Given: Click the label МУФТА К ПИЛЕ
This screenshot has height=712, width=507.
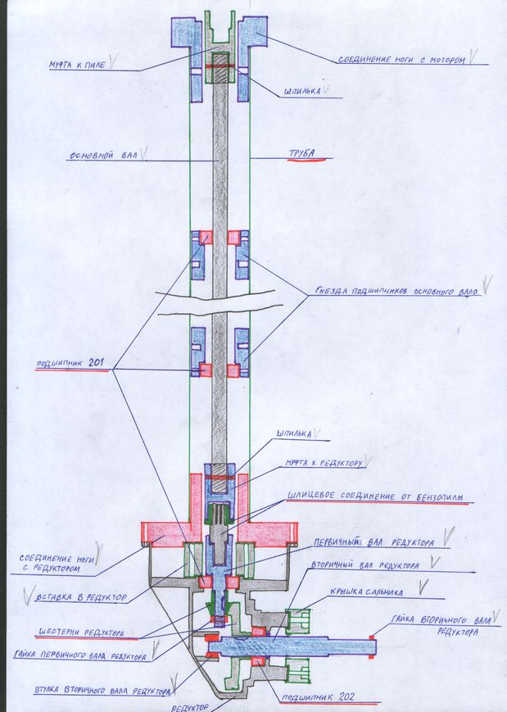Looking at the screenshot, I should click(80, 66).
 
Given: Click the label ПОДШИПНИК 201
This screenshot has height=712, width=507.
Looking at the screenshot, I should click(72, 365).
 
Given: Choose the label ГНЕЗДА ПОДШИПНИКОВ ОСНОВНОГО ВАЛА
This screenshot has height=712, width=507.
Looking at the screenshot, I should click(396, 291).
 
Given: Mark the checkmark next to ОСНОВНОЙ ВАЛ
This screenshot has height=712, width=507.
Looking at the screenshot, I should click(144, 152).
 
